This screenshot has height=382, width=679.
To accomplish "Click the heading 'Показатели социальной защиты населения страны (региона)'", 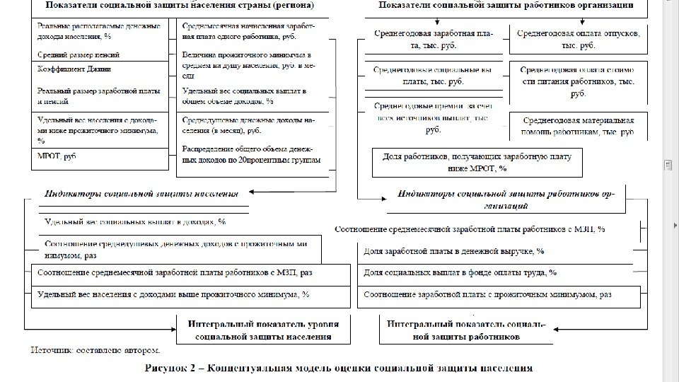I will tap(180, 6).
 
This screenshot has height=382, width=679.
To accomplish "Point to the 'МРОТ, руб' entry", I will tap(57, 155).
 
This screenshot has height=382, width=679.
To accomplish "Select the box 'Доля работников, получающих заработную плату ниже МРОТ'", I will tap(477, 162).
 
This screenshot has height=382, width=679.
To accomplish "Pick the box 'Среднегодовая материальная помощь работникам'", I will tap(578, 127).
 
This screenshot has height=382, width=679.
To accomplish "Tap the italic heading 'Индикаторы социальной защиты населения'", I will tap(141, 192).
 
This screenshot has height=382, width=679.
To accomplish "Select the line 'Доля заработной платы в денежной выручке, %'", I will tap(453, 251).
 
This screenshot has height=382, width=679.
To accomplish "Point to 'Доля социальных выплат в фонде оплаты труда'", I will tap(460, 272).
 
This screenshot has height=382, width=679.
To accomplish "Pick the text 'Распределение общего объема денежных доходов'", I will tap(251, 154).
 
